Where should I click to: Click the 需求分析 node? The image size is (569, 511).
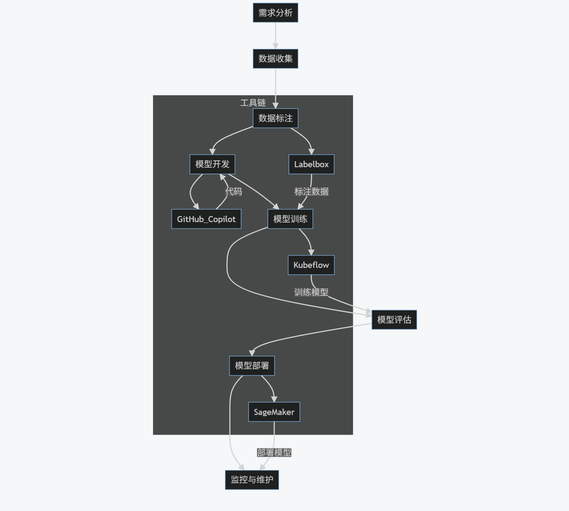pos(275,13)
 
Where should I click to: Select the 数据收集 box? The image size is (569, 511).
pos(275,59)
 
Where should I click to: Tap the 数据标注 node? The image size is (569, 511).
pos(275,118)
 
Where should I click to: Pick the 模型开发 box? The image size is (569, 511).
pos(212,164)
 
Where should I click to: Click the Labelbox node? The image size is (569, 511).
pos(311,164)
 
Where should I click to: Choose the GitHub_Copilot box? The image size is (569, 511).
pos(206,219)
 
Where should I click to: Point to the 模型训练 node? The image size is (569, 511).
pos(290,219)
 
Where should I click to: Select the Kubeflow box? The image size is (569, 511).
pos(311,265)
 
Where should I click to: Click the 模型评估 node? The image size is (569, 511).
pos(394,320)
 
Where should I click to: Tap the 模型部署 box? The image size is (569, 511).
pos(252,366)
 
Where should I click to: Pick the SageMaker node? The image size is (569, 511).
pos(274,412)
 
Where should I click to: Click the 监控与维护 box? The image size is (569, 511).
pos(252,480)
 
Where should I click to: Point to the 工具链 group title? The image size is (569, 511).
pos(253,103)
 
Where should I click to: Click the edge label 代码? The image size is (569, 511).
pos(234,192)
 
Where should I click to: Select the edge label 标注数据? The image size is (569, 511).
pos(311,192)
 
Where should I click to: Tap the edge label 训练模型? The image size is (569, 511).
pos(311,292)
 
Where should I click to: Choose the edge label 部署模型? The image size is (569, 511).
pos(274,453)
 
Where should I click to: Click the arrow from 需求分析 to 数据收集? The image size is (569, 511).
pos(276,36)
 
